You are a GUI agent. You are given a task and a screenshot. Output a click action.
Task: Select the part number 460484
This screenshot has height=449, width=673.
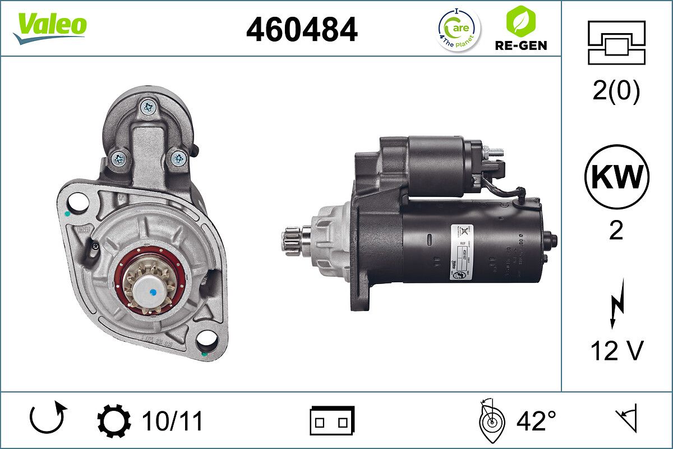click(302, 29)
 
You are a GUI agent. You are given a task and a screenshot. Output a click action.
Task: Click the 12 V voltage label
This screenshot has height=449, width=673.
click(616, 351)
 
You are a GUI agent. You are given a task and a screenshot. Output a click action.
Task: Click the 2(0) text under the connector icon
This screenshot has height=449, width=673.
click(616, 91)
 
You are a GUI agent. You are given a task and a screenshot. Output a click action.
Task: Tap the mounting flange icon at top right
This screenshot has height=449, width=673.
click(616, 43)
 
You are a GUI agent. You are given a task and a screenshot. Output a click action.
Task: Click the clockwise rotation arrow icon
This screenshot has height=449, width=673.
click(48, 420)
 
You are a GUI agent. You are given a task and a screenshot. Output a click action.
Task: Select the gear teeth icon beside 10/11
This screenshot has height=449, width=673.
click(114, 421)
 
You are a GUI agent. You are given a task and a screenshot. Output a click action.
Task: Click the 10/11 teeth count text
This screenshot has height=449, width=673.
click(172, 421)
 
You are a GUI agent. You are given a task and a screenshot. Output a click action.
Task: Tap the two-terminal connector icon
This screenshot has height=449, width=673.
click(332, 420)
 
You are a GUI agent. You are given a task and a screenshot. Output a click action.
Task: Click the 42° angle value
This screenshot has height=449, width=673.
click(536, 421)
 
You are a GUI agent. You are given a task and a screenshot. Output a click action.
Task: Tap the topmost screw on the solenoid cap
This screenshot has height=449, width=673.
click(149, 106)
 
